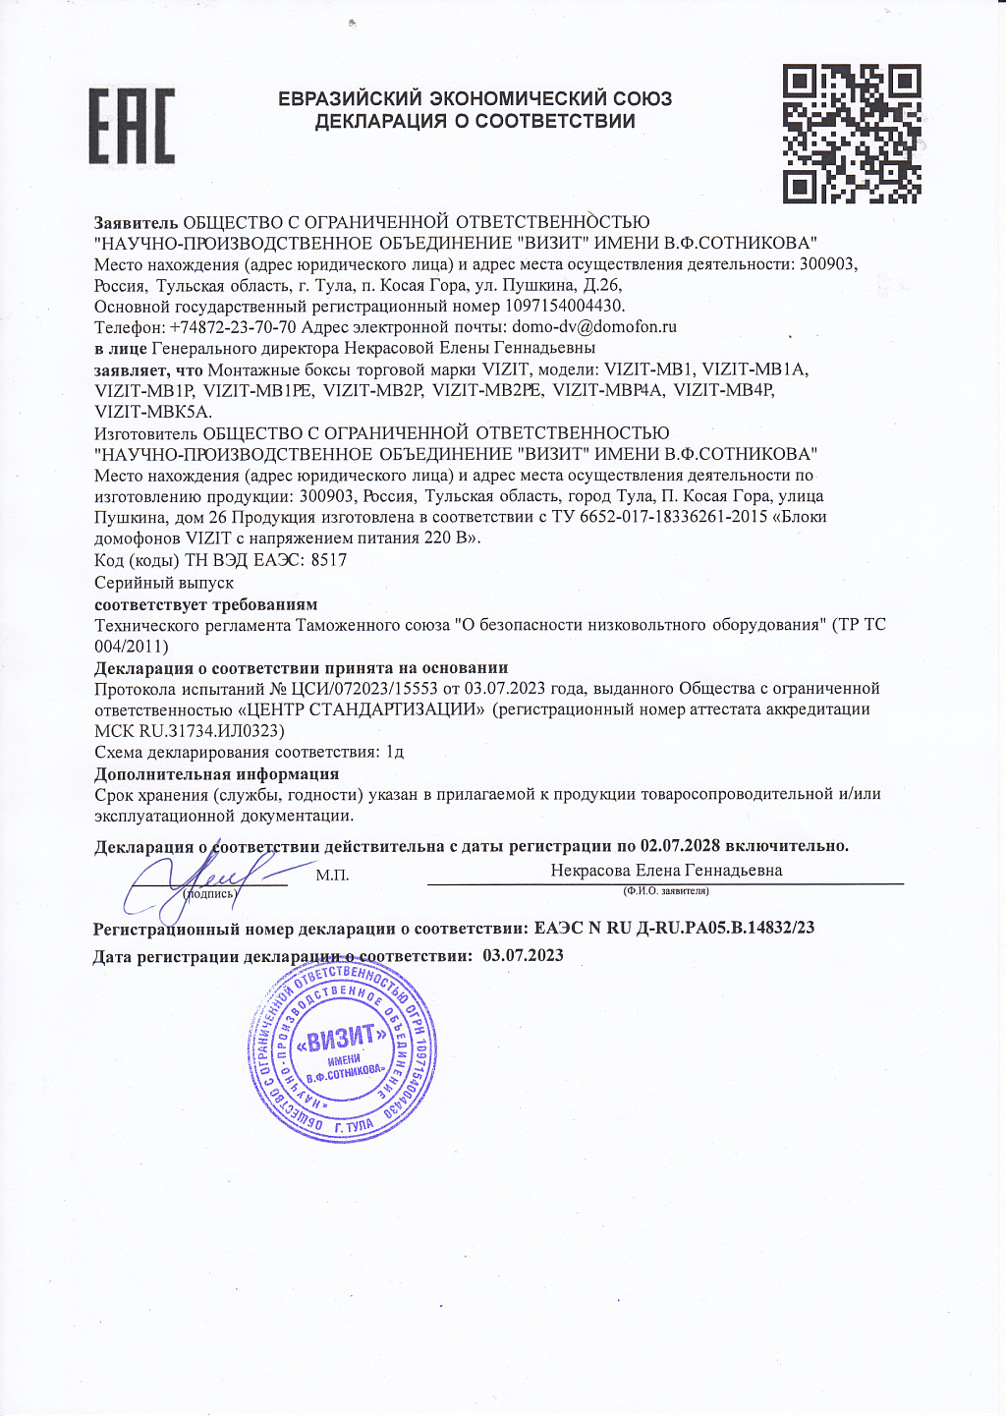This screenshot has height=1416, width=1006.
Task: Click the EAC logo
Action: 132,125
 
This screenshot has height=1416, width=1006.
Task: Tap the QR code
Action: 852,134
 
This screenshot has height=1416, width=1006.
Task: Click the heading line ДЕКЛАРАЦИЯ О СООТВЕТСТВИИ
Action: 475,122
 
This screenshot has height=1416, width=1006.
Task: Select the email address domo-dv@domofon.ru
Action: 595,326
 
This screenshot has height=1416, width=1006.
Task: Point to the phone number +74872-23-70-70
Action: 233,326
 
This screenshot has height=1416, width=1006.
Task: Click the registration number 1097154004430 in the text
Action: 565,306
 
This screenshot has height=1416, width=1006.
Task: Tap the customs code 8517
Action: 328,560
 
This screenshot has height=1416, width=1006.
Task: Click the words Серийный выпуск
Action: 164,583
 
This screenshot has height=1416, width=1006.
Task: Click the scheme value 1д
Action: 395,753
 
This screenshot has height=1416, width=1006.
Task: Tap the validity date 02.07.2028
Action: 680,846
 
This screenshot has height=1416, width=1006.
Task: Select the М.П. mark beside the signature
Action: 332,875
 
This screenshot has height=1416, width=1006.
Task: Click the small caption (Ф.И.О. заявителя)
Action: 665,891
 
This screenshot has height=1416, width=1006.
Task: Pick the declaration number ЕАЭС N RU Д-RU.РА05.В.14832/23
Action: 674,928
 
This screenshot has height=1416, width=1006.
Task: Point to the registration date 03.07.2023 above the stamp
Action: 524,955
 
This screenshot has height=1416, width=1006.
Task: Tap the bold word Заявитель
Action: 137,222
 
